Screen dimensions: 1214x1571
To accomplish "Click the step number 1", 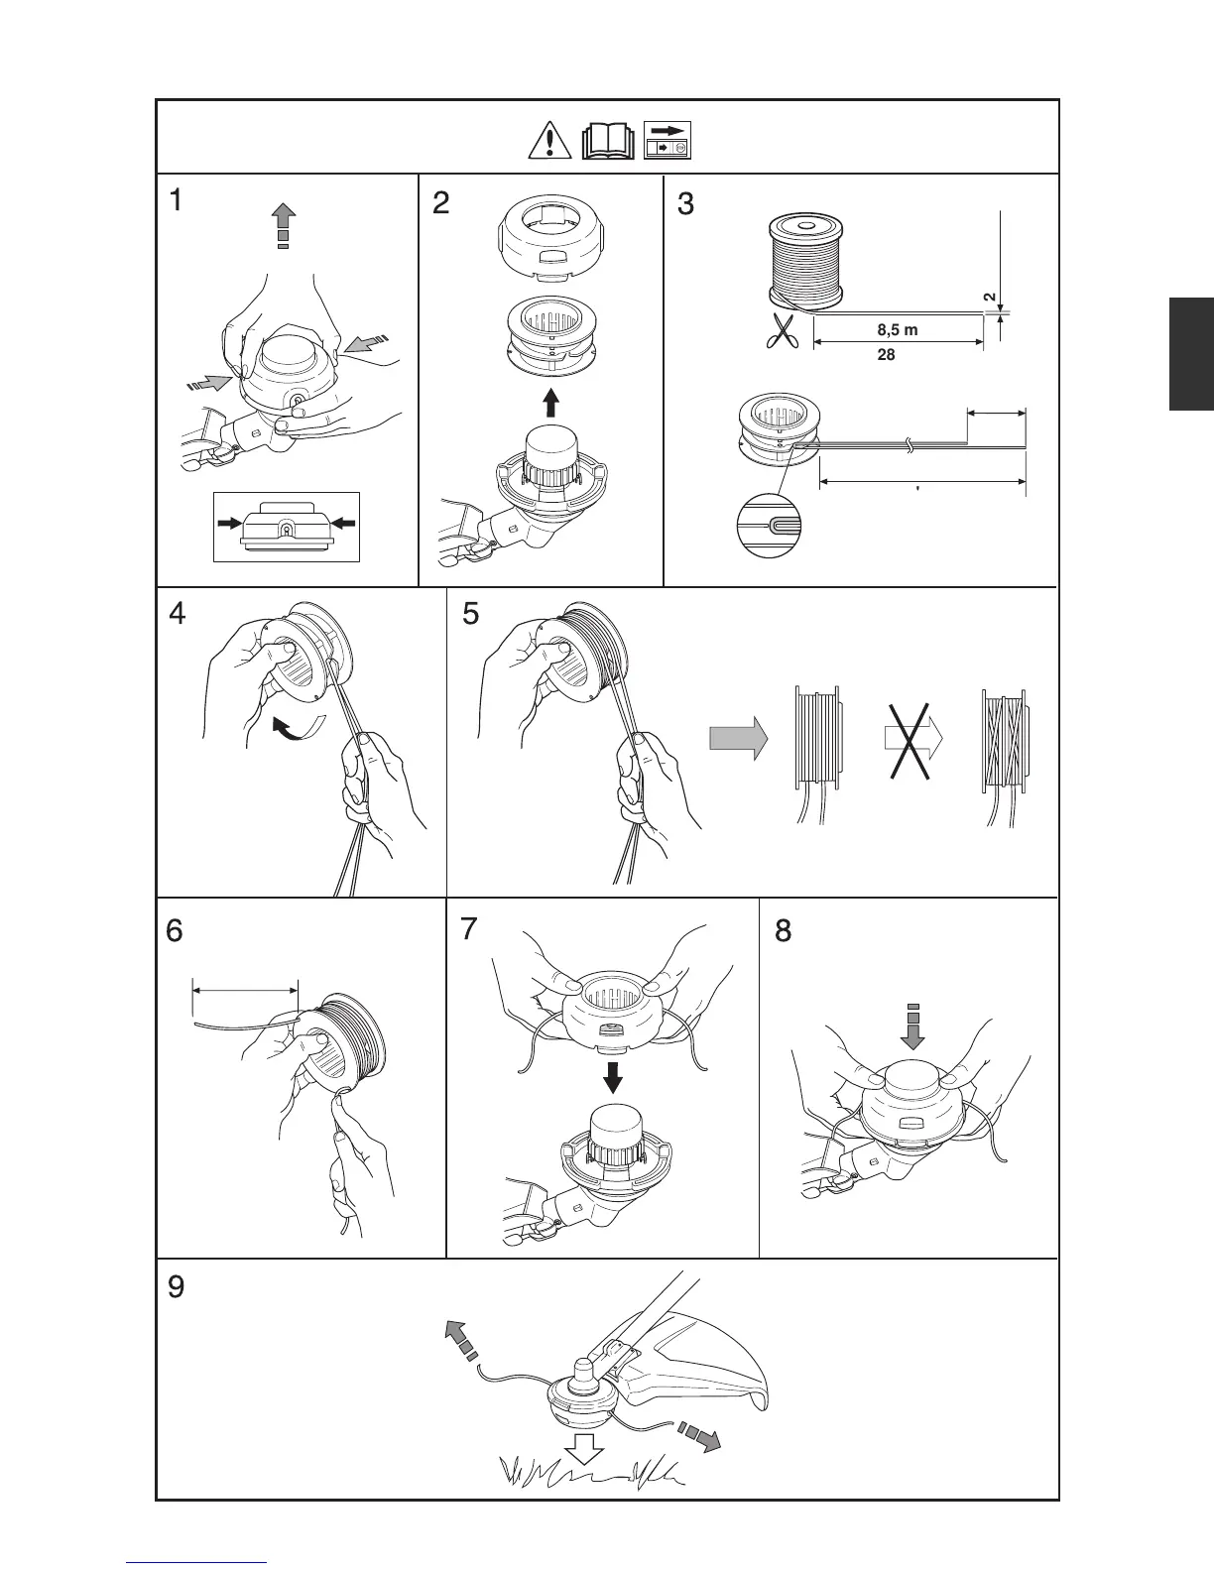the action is tap(176, 201).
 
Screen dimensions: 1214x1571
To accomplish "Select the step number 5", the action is tap(471, 614).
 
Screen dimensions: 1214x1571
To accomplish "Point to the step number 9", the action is tap(175, 1287).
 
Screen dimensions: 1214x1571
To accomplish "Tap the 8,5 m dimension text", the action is tap(898, 330).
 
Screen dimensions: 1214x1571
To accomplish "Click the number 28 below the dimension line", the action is tap(887, 354).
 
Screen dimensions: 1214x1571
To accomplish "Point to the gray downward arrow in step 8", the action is tap(913, 1027).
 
